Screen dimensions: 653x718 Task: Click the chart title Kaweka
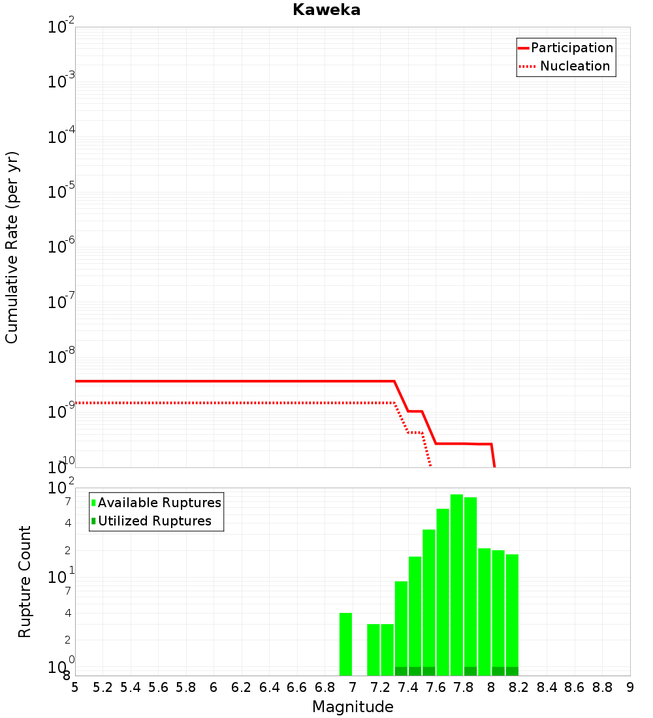point(326,10)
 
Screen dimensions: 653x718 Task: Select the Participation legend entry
point(565,48)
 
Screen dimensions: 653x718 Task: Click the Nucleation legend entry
point(565,66)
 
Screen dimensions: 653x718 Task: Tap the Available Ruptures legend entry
point(156,503)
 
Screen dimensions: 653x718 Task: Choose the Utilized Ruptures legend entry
point(151,521)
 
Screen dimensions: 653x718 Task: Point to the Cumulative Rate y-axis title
point(12,247)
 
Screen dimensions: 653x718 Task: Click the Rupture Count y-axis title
point(24,582)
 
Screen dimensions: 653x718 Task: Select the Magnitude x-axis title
point(353,706)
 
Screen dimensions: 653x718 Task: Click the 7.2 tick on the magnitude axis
point(380,687)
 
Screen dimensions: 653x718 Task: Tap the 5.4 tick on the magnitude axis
point(131,687)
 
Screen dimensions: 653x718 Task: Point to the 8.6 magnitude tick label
point(575,687)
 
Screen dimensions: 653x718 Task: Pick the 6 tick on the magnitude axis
point(214,687)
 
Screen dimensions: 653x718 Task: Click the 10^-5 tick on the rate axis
point(61,191)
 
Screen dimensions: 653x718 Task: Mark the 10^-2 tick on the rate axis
point(61,25)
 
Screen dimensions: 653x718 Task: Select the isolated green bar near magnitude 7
point(345,644)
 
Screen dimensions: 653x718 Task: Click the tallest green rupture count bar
point(456,585)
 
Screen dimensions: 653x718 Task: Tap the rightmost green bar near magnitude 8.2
point(512,614)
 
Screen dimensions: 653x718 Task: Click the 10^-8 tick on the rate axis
point(61,356)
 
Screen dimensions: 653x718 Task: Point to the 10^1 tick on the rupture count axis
point(61,576)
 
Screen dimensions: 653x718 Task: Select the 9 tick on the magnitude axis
point(630,687)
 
